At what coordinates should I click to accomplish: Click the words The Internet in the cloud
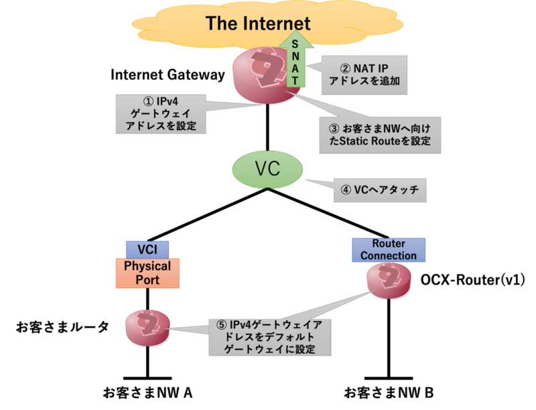[x=258, y=24]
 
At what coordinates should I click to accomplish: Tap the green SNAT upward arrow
[x=295, y=63]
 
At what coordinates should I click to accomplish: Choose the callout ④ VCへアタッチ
[x=380, y=190]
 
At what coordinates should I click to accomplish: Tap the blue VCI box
[x=147, y=249]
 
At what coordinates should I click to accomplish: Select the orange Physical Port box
[x=147, y=273]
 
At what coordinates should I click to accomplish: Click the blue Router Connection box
[x=389, y=250]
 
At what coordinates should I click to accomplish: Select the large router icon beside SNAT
[x=261, y=75]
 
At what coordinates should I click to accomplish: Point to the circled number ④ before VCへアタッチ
[x=346, y=190]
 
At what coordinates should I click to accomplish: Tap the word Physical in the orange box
[x=147, y=266]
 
